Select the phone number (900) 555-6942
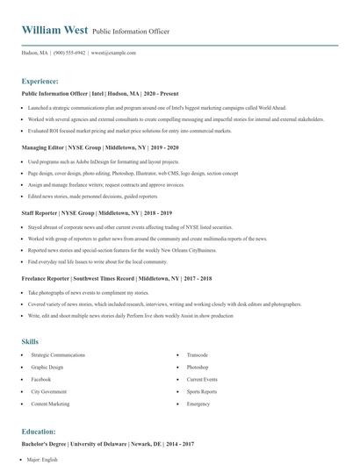coord(69,52)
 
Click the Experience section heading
coord(40,81)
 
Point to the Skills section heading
coord(30,340)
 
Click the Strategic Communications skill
coord(58,354)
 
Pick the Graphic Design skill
coord(47,367)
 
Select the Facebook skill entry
coord(40,379)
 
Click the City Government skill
coord(47,391)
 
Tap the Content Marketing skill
coord(50,404)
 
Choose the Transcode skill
coord(198,354)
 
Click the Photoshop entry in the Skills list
coord(198,367)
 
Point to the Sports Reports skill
coord(202,391)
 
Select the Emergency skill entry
coord(198,404)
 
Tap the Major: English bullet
coord(43,459)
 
